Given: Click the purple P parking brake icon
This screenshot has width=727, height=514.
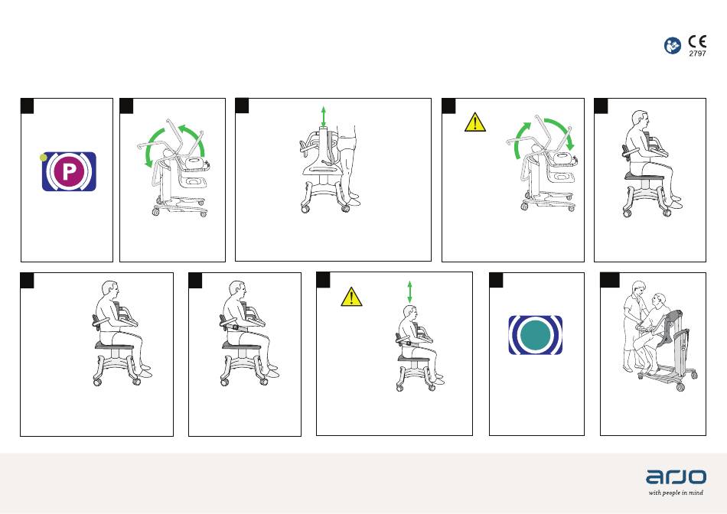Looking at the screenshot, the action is point(69,171).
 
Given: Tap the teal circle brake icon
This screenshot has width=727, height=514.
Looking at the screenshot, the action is point(536,335).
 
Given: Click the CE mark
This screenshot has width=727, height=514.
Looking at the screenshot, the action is point(697,42).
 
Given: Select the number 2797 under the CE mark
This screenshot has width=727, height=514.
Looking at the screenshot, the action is point(697,54).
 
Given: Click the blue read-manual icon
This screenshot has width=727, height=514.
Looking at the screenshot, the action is point(673,45).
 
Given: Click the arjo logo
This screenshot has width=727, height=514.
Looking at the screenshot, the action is point(676,477).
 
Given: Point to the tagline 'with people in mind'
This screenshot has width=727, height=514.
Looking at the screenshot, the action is point(676,493).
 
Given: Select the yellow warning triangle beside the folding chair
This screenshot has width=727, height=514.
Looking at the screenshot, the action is point(475,122).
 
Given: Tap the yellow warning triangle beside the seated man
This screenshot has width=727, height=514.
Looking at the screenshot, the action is point(351,297).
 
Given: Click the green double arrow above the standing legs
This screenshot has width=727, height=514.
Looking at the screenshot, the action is point(324,116).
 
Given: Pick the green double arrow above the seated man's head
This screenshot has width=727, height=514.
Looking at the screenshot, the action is point(409,292).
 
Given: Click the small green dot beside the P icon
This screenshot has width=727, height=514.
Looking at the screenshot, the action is point(44,158).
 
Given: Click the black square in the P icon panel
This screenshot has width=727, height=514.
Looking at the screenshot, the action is point(28,106).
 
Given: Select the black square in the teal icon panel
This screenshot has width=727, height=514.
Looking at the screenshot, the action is point(496,280).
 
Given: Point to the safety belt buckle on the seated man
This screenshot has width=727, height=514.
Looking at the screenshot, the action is point(236,327).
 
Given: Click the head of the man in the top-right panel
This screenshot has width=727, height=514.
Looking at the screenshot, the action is point(641,120).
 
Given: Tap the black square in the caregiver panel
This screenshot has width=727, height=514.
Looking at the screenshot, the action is point(610,280).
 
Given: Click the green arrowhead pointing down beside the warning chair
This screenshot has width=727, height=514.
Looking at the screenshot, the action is point(570,145).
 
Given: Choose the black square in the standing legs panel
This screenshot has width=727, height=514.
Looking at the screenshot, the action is point(242,106).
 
